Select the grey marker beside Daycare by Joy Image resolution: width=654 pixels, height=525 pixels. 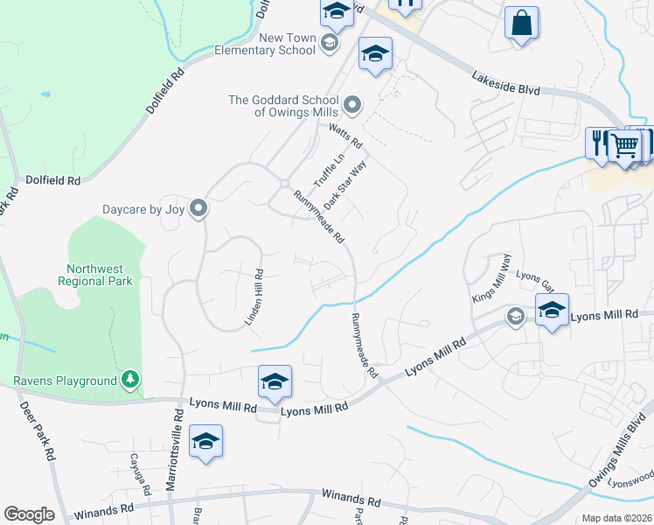pyautogui.click(x=198, y=208)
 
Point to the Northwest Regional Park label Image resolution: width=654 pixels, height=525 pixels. pyautogui.click(x=95, y=275)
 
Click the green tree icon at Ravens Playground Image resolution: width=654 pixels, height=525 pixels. pyautogui.click(x=130, y=379)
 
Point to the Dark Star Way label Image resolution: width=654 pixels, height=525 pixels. pyautogui.click(x=344, y=184)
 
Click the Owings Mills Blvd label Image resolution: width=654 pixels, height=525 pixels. pyautogui.click(x=622, y=452)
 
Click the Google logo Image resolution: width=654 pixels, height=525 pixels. pyautogui.click(x=29, y=514)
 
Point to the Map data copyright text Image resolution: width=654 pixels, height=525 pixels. pyautogui.click(x=616, y=518)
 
